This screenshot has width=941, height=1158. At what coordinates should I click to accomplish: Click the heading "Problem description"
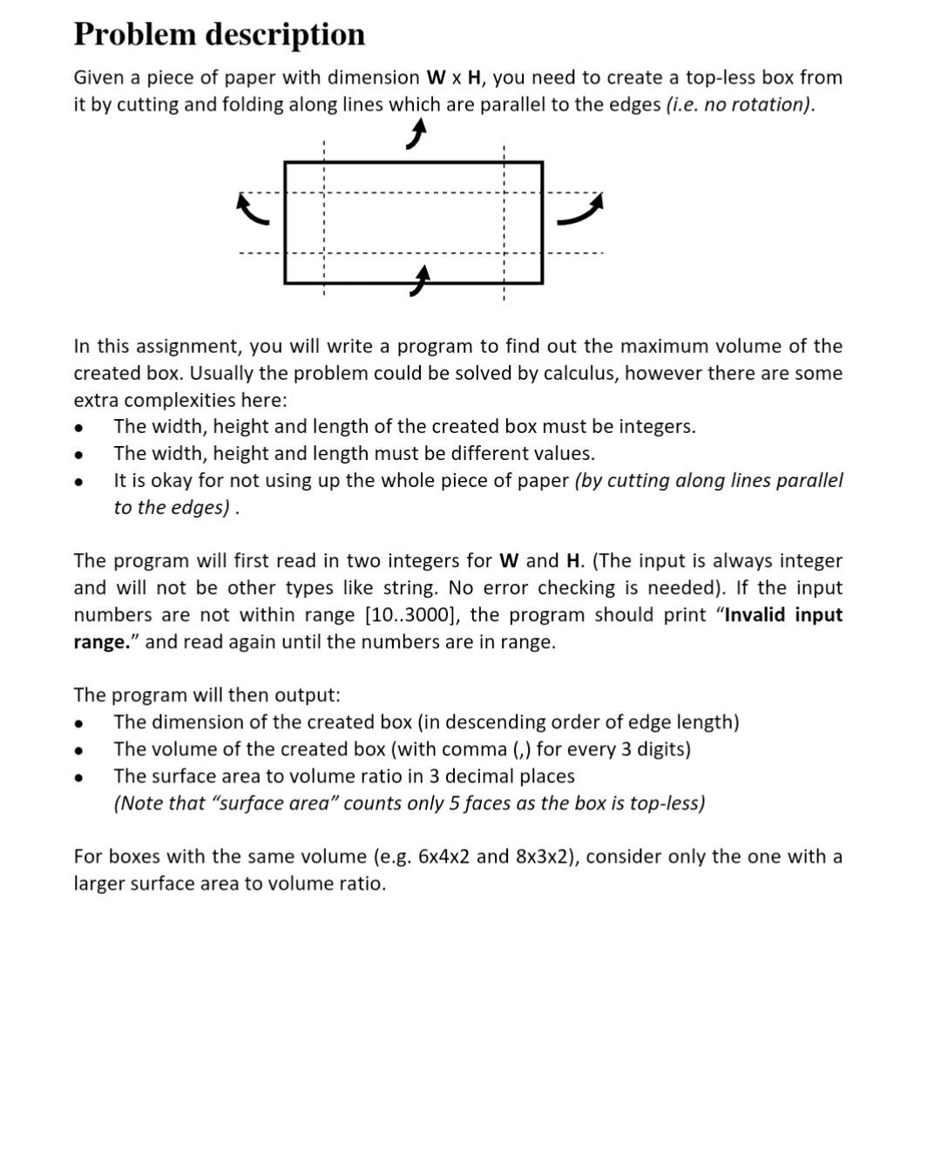[x=219, y=34]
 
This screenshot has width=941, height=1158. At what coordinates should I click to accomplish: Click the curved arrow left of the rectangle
[x=253, y=210]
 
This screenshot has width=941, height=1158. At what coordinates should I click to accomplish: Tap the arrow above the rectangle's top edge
[x=417, y=135]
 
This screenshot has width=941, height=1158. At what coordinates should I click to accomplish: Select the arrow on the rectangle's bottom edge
[x=420, y=281]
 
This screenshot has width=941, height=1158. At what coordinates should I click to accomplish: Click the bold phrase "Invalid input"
[x=783, y=615]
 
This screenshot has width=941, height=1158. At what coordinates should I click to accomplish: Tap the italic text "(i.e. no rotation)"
[x=740, y=105]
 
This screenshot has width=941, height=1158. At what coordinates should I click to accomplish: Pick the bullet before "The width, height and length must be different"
[x=79, y=454]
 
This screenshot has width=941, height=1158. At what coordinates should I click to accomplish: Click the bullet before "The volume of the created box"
[x=79, y=749]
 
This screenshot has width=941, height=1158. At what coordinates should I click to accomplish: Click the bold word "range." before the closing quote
[x=101, y=642]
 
